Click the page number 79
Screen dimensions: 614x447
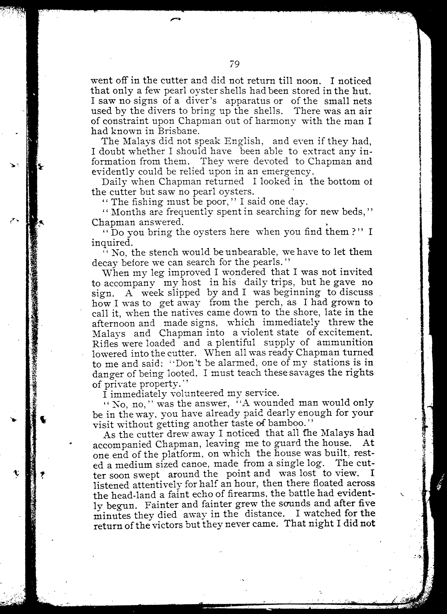point(234,64)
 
